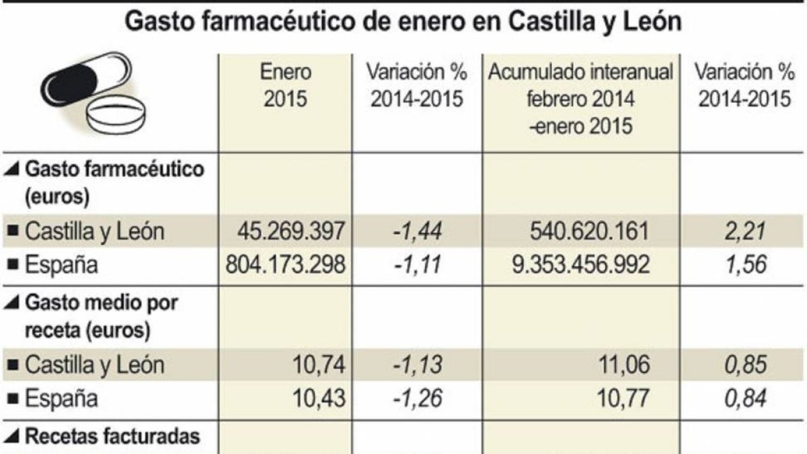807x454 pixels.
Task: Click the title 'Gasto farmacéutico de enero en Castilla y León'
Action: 403,22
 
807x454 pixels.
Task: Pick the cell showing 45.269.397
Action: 291,231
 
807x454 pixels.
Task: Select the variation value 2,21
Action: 743,231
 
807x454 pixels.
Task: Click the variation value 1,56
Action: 743,265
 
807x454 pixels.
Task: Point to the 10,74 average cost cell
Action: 319,365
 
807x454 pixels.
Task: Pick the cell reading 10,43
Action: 319,399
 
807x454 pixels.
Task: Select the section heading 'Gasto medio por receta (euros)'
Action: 101,317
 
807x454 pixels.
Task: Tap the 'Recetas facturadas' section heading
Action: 112,437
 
